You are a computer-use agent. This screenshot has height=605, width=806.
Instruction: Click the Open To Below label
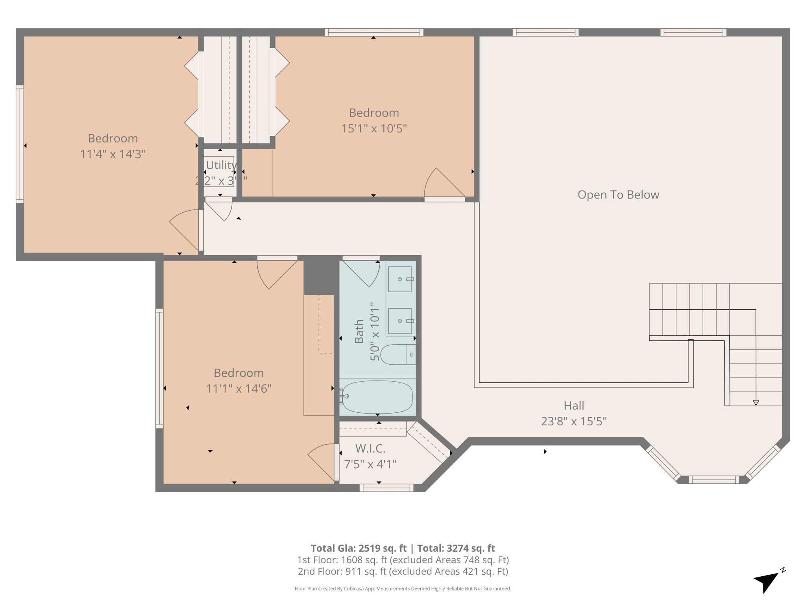618,195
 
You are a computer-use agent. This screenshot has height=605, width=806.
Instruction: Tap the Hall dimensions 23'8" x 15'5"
573,421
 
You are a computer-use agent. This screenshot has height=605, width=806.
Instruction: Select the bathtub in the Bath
377,397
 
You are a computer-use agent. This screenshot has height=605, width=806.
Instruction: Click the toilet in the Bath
397,354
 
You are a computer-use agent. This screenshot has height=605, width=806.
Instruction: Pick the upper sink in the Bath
400,279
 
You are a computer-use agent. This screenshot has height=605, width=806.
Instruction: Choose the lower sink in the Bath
400,321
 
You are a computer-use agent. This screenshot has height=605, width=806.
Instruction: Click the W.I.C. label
370,448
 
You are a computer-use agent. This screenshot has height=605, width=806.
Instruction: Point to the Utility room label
221,165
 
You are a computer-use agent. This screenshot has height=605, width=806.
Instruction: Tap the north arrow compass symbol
767,581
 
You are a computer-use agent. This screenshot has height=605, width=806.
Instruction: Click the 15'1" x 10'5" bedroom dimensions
374,128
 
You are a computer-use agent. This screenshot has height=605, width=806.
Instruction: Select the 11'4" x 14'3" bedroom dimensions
113,154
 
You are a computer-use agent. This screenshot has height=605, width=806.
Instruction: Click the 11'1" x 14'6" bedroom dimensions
238,389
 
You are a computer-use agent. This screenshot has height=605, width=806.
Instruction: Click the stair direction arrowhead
756,403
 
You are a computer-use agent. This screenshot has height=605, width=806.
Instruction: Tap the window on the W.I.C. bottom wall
386,488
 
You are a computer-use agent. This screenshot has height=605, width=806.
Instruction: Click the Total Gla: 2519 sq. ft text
358,548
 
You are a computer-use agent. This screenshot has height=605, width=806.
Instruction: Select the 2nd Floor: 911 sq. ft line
403,572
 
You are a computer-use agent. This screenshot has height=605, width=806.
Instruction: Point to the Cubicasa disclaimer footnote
403,588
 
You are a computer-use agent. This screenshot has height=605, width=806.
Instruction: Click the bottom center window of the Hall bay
714,479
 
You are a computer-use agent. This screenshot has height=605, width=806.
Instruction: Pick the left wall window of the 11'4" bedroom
20,144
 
